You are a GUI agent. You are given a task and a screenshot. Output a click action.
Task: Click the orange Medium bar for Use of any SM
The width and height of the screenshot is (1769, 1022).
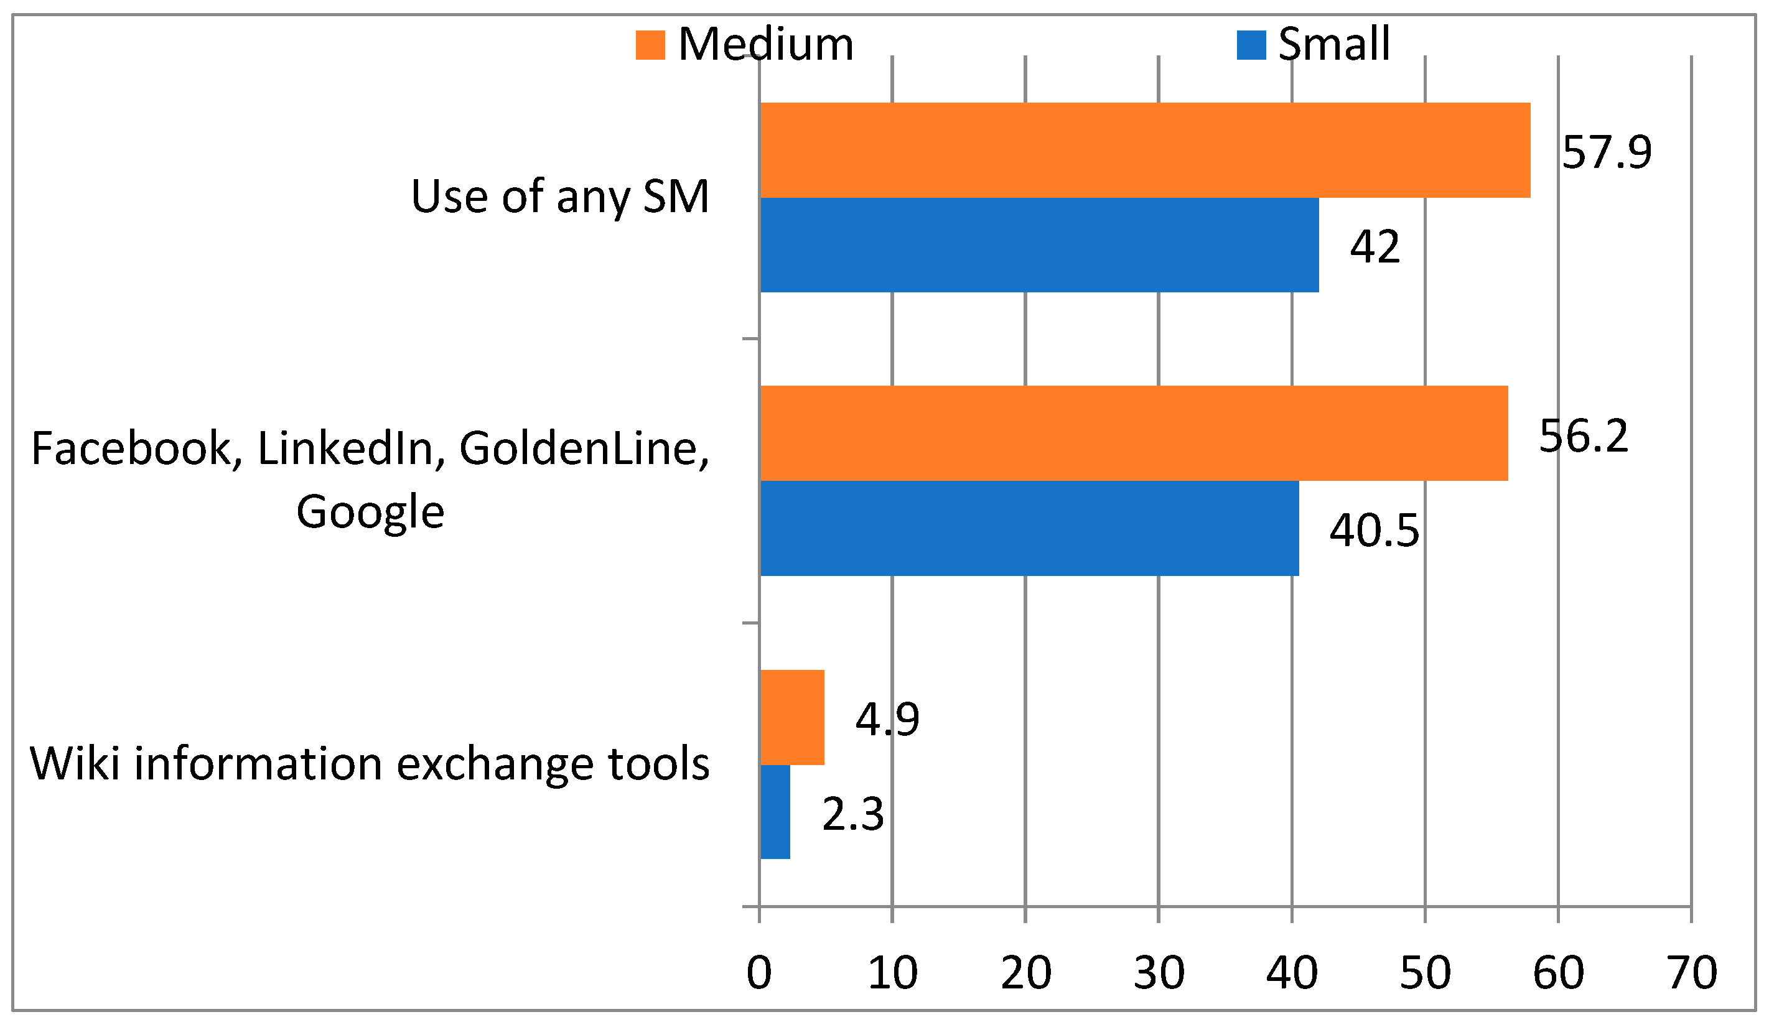[1144, 150]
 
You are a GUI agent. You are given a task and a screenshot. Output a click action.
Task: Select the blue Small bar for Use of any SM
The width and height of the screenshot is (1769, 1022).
[1039, 245]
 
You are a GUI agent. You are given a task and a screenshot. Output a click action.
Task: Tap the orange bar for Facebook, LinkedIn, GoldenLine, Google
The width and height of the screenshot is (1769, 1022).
[1133, 433]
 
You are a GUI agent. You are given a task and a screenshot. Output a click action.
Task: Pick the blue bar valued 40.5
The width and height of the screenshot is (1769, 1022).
[1029, 529]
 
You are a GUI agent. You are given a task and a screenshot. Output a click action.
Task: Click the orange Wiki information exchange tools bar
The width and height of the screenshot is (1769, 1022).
[792, 717]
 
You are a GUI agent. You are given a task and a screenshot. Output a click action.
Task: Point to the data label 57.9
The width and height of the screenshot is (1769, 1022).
[1606, 152]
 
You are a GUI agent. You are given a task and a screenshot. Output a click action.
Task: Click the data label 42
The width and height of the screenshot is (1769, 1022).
[1375, 247]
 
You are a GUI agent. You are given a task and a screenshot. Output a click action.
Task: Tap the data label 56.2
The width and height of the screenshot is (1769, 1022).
[1583, 435]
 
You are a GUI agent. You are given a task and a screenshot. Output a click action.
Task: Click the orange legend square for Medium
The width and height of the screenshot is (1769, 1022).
[650, 45]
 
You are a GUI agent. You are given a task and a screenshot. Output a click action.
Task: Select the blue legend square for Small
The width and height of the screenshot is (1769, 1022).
[1251, 45]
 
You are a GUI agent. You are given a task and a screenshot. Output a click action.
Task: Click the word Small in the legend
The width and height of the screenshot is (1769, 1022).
[1334, 44]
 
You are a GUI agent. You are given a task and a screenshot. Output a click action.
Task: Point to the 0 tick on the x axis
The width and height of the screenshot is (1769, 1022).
[759, 973]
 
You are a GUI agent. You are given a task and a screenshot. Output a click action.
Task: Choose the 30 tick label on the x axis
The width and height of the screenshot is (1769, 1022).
[1159, 973]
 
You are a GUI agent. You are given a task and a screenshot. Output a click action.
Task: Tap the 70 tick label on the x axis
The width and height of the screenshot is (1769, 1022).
[1692, 973]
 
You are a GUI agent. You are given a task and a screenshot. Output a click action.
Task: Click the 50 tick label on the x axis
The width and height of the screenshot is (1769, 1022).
[1425, 973]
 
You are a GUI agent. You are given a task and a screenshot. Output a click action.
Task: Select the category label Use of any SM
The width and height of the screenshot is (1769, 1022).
[559, 197]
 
